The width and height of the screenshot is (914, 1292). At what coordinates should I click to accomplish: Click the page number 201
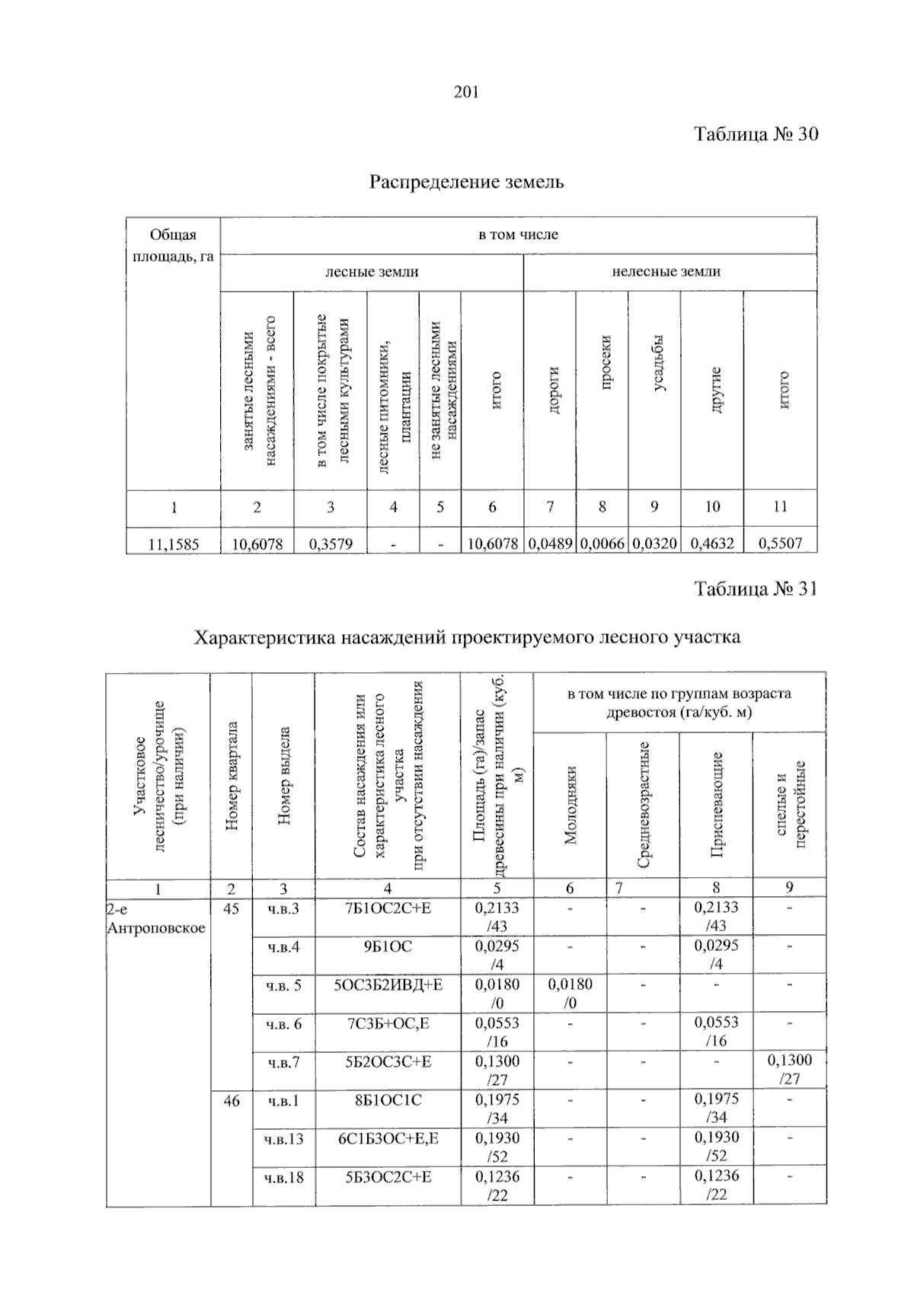465,93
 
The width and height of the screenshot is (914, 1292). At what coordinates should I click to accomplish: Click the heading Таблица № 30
756,135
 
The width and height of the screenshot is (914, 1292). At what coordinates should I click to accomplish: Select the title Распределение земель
466,182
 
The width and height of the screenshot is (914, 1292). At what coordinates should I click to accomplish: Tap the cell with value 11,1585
173,544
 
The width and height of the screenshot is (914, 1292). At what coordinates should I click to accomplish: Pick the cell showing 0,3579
331,544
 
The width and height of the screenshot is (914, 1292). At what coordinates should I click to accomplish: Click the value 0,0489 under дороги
550,544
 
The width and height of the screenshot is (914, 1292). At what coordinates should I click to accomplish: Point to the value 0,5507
780,544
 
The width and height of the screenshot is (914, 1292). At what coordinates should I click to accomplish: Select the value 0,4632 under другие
712,544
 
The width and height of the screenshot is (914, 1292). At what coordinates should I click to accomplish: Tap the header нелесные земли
666,272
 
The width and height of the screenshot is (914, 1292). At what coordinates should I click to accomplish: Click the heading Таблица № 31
755,589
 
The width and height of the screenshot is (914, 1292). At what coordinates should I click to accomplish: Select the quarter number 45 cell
231,908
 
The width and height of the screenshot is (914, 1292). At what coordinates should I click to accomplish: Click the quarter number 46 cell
231,1100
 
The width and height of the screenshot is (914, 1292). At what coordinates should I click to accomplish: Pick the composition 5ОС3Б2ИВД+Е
388,985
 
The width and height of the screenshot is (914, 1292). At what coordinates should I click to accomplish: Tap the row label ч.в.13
283,1139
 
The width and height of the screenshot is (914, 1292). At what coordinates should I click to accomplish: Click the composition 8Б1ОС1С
388,1100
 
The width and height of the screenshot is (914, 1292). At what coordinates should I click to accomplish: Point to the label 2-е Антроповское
156,918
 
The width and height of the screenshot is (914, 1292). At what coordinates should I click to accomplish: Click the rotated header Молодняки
570,805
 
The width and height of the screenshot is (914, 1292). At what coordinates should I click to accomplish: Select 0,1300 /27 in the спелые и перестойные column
789,1070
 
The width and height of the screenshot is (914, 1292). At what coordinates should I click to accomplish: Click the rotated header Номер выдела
283,777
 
